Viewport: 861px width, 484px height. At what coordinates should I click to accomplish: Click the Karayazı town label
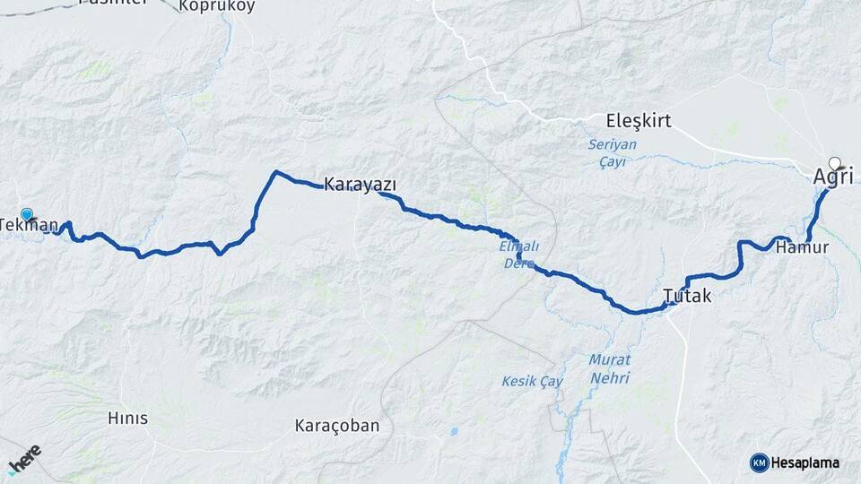(360, 185)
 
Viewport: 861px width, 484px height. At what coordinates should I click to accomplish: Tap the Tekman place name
(30, 225)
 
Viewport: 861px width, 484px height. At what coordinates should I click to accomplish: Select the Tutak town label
(687, 295)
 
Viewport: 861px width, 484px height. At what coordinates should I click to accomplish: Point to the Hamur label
(803, 246)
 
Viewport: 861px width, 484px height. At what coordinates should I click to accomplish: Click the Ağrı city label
(832, 177)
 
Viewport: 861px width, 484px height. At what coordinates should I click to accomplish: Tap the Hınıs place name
(127, 419)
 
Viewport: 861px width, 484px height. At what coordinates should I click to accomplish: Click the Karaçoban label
(337, 426)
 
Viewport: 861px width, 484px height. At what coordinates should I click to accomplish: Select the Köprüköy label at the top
(217, 5)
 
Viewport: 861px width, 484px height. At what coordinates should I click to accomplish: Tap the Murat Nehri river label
(609, 368)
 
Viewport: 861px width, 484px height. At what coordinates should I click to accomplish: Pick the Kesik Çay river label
(533, 382)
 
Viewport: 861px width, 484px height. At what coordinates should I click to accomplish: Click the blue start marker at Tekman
(27, 214)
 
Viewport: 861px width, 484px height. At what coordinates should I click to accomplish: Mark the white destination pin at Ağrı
(836, 163)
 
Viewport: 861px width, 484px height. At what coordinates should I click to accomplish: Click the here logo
(24, 460)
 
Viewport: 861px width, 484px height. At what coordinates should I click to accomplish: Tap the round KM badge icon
(759, 462)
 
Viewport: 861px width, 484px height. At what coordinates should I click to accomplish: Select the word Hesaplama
(805, 462)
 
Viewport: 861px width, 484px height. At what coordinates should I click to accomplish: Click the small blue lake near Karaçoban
(454, 431)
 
